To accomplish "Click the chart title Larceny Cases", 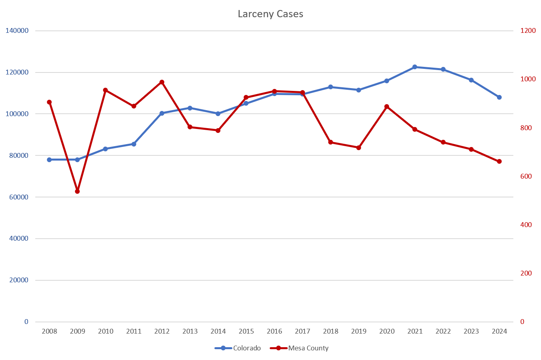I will tap(270, 14).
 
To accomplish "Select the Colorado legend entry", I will tap(246, 348).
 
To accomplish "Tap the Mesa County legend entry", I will tap(308, 348).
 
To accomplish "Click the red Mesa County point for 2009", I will tap(77, 191).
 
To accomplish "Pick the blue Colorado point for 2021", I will tap(415, 67).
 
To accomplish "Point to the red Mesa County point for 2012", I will tap(162, 82).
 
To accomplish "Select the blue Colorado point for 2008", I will tap(49, 159).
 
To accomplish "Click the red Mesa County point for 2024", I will tap(499, 161).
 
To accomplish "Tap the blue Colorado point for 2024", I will tap(499, 97).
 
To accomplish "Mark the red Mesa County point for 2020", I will tap(387, 107).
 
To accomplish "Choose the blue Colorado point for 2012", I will tap(162, 113).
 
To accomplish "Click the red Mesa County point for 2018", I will tap(331, 142).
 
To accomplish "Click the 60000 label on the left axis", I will tap(19, 197).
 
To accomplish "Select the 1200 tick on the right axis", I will tap(528, 31).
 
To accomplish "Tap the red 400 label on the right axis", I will tap(526, 225).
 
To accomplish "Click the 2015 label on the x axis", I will tap(246, 331).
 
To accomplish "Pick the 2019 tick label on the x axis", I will tap(359, 331).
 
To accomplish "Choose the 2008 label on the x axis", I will tap(49, 331).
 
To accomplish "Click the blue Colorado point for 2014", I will tap(218, 114).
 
